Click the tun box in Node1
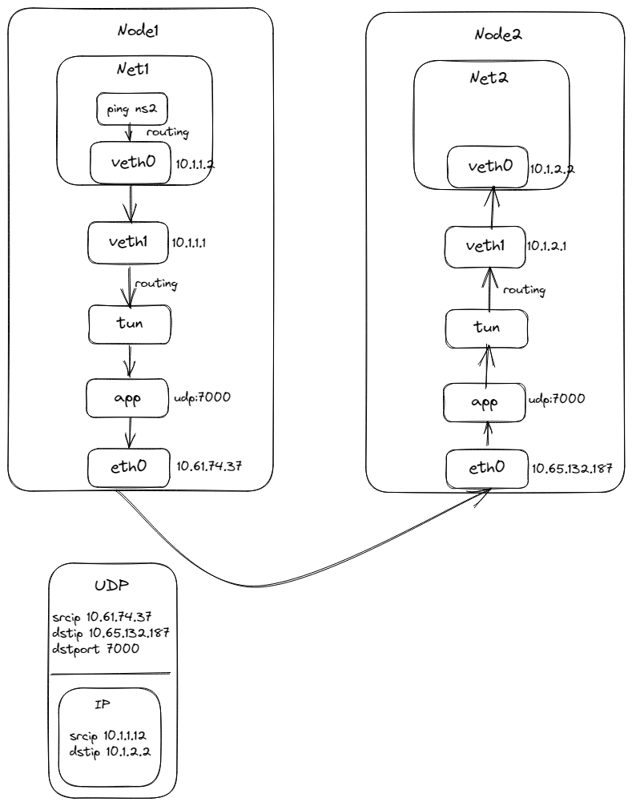coord(129,321)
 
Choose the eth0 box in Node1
coord(129,465)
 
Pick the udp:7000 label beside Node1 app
coord(203,396)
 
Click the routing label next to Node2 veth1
coord(525,288)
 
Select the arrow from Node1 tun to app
coord(129,360)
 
